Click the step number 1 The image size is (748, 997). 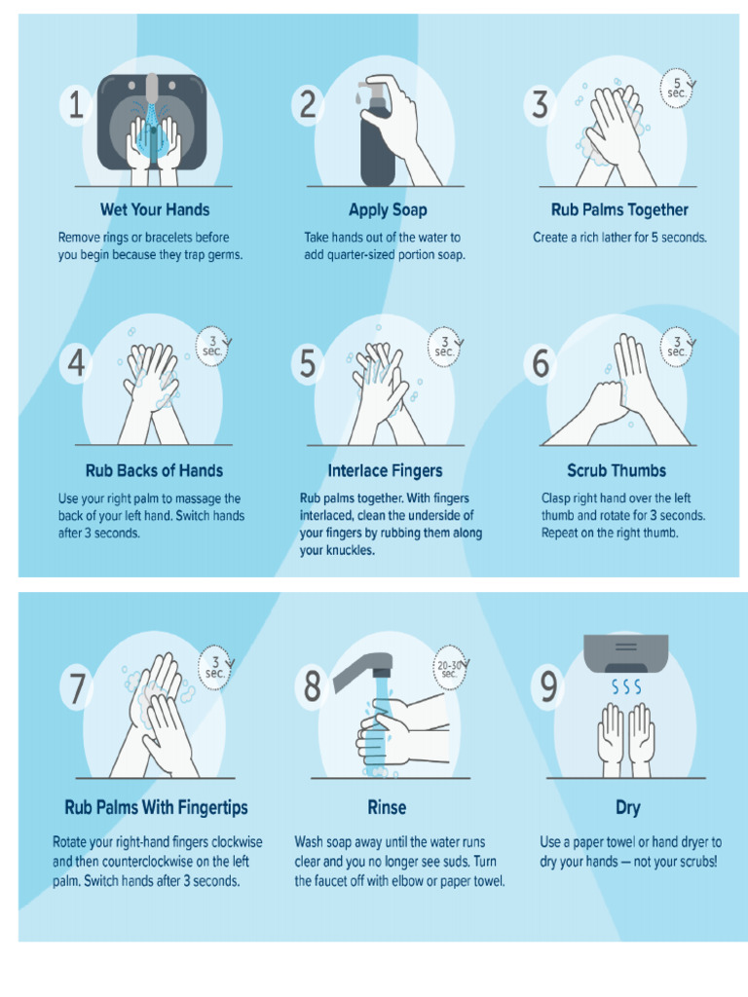click(76, 106)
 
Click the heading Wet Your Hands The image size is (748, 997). click(154, 209)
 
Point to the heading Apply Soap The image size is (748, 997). click(388, 209)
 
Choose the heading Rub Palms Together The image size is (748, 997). click(619, 209)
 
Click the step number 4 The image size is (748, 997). click(76, 364)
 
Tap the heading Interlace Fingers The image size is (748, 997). click(385, 470)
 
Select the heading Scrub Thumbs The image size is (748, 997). click(617, 470)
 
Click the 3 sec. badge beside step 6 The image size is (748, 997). click(677, 347)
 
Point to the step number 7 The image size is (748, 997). click(76, 688)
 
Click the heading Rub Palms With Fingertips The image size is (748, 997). click(156, 807)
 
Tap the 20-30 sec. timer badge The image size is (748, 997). click(449, 670)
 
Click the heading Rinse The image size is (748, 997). click(387, 807)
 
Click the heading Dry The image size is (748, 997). click(627, 808)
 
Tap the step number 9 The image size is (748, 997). click(549, 688)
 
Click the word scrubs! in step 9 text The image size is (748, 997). click(692, 862)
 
